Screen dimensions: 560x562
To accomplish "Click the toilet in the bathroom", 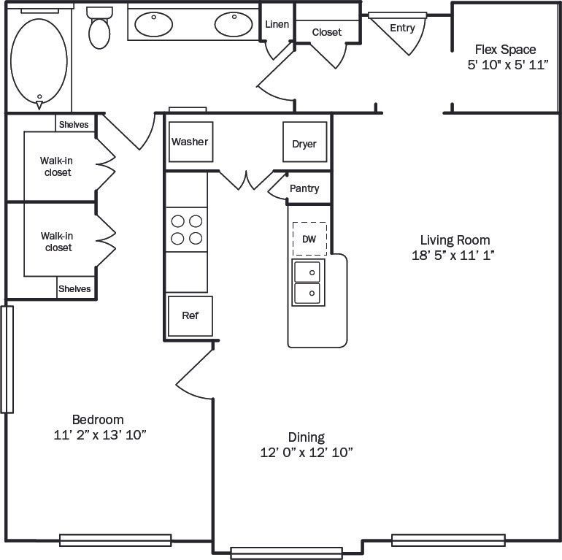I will click(x=100, y=28).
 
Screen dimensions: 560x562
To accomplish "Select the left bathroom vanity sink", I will click(x=154, y=24).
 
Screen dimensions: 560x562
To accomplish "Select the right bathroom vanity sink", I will click(x=234, y=24).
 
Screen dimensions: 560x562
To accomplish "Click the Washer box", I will click(x=190, y=142).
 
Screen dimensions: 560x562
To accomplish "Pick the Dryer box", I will click(x=304, y=143).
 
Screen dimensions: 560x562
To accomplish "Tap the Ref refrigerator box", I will click(x=190, y=315).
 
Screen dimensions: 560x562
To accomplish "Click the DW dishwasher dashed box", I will click(x=309, y=239).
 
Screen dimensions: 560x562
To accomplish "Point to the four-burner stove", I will click(x=186, y=229).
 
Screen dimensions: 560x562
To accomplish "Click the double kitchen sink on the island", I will click(x=309, y=283).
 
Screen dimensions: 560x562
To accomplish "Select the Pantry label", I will click(x=304, y=188).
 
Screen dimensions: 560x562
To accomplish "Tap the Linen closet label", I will click(x=277, y=24).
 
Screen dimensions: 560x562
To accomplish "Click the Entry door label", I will click(x=402, y=28).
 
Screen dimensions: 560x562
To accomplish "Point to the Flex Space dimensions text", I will click(x=507, y=65).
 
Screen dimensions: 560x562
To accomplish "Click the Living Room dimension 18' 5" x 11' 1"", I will click(x=454, y=256).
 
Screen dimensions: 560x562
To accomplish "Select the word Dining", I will click(x=306, y=437).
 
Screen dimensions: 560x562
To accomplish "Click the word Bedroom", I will click(x=98, y=420).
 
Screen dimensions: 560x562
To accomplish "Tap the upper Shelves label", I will click(x=74, y=124).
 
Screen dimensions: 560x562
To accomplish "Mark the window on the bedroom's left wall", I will click(x=7, y=359).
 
